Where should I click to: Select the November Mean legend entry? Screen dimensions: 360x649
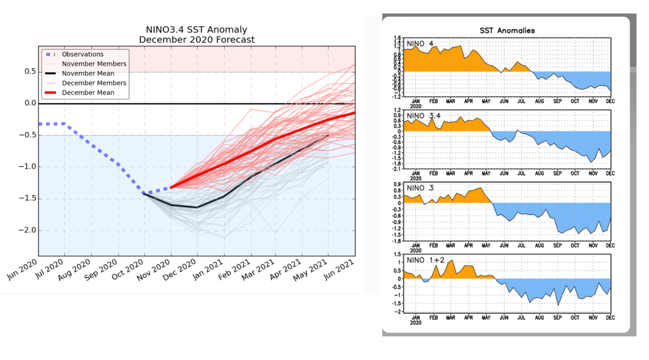88,74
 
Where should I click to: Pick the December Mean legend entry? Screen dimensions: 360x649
88,92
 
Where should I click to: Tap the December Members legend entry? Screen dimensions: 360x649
94,83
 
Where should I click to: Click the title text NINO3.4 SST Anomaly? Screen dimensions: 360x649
196,30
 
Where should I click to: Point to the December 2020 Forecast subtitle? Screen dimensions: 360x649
196,39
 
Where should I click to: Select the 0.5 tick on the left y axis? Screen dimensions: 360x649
30,72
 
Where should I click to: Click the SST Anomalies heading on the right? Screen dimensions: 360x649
507,30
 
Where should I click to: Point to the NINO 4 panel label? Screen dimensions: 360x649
420,44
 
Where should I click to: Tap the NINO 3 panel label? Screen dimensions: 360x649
420,188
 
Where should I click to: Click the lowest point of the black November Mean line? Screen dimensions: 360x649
196,207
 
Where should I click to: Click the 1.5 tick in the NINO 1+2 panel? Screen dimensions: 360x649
398,254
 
